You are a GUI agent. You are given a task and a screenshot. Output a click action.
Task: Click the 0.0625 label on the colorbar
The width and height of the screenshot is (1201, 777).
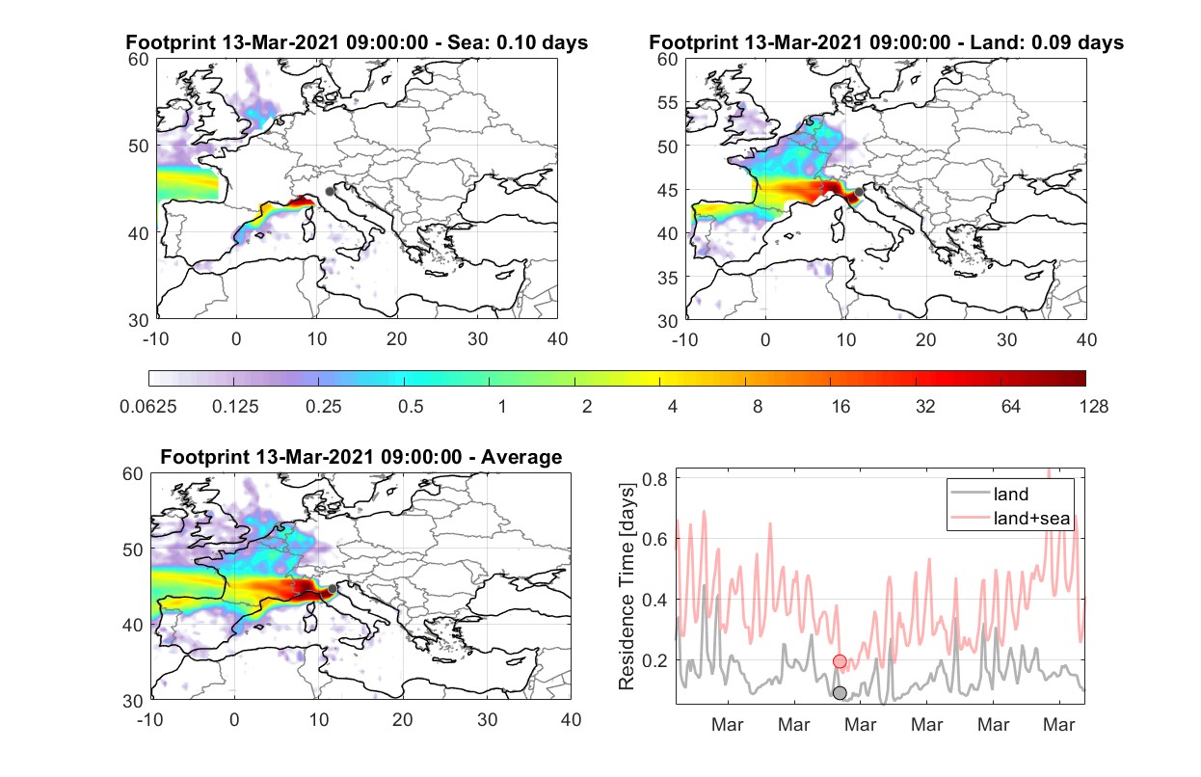148,407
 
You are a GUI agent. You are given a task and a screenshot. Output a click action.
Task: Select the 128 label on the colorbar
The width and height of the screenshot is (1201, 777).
1093,407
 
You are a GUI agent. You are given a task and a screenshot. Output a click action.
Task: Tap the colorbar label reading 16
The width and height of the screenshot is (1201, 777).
841,407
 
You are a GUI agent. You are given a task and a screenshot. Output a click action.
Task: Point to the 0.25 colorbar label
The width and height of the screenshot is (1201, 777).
323,407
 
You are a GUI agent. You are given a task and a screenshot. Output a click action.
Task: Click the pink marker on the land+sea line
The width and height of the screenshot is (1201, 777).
840,661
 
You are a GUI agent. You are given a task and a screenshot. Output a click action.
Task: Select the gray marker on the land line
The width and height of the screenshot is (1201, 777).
840,693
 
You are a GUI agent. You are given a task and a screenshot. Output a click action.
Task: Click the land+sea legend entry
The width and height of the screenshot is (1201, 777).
1010,518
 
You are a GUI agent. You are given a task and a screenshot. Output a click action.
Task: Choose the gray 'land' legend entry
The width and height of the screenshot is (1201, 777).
990,494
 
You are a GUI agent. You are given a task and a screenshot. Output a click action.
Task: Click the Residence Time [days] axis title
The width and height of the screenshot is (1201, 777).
627,587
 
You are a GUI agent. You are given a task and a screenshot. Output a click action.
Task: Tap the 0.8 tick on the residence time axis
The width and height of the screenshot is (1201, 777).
654,479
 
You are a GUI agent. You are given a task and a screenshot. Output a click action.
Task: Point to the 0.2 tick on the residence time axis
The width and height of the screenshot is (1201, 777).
654,660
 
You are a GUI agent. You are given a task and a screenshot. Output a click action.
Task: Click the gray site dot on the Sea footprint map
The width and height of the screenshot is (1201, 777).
330,192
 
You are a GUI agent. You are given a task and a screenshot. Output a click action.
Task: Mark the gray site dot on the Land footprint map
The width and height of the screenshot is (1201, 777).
859,192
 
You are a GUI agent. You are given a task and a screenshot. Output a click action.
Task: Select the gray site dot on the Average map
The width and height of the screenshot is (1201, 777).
333,589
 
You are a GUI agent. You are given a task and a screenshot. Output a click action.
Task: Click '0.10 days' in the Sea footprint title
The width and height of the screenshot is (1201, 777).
542,42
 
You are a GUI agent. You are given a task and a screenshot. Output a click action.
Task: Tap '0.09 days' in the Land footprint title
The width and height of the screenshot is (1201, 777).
1078,42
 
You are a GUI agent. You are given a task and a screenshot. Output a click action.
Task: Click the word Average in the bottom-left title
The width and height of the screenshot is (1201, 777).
521,457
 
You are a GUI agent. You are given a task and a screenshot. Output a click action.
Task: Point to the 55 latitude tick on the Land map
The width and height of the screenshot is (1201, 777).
668,102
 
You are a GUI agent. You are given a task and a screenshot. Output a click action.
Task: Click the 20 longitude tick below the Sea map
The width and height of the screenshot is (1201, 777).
397,339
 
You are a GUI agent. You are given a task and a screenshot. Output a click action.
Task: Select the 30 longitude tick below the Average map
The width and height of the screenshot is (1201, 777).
487,719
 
